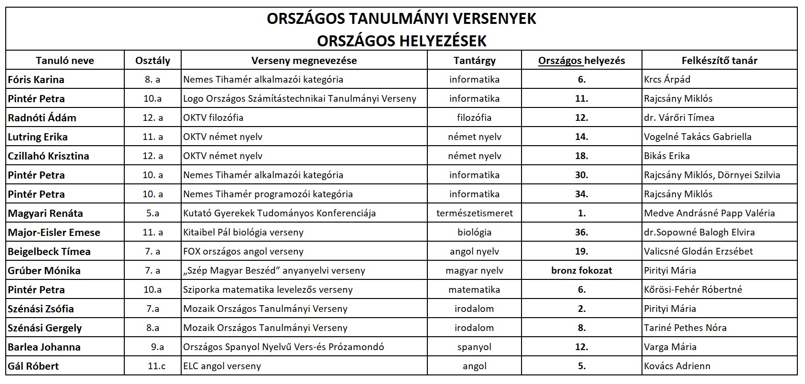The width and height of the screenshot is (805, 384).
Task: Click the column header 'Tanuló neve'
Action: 65,61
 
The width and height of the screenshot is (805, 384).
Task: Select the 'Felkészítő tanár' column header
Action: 719,61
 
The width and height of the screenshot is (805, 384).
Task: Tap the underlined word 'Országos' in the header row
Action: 560,61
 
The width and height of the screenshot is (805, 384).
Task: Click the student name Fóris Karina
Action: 36,80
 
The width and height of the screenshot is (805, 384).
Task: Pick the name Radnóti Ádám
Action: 42,118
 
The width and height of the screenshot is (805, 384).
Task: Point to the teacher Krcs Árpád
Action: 667,80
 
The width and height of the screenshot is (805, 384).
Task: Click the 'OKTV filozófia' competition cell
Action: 213,118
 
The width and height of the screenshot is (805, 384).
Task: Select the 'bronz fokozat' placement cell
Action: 581,271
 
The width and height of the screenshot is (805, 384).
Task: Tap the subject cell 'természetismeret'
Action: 474,213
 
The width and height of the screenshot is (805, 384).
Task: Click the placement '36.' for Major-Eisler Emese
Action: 581,233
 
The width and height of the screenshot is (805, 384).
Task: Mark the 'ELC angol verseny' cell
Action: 222,366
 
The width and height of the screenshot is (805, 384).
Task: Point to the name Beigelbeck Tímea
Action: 49,252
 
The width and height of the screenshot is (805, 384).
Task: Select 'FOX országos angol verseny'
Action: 243,252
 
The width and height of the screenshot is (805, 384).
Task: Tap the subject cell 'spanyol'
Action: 474,347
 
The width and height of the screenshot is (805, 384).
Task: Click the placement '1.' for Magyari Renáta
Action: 581,213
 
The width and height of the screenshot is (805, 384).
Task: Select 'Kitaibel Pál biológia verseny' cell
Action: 243,233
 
